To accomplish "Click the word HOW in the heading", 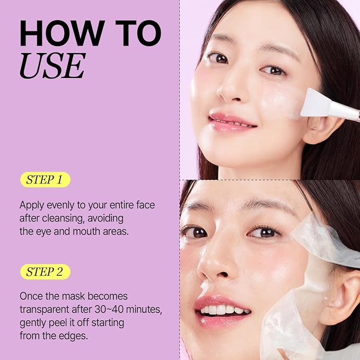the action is pos(62,33).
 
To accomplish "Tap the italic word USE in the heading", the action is pos(52,66).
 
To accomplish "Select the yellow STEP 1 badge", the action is pos(45,180).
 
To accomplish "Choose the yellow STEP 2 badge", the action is pos(45,271).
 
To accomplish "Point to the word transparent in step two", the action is pos(45,310).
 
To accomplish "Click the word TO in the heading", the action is pos(138,33).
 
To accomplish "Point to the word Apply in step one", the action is pos(32,206).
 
